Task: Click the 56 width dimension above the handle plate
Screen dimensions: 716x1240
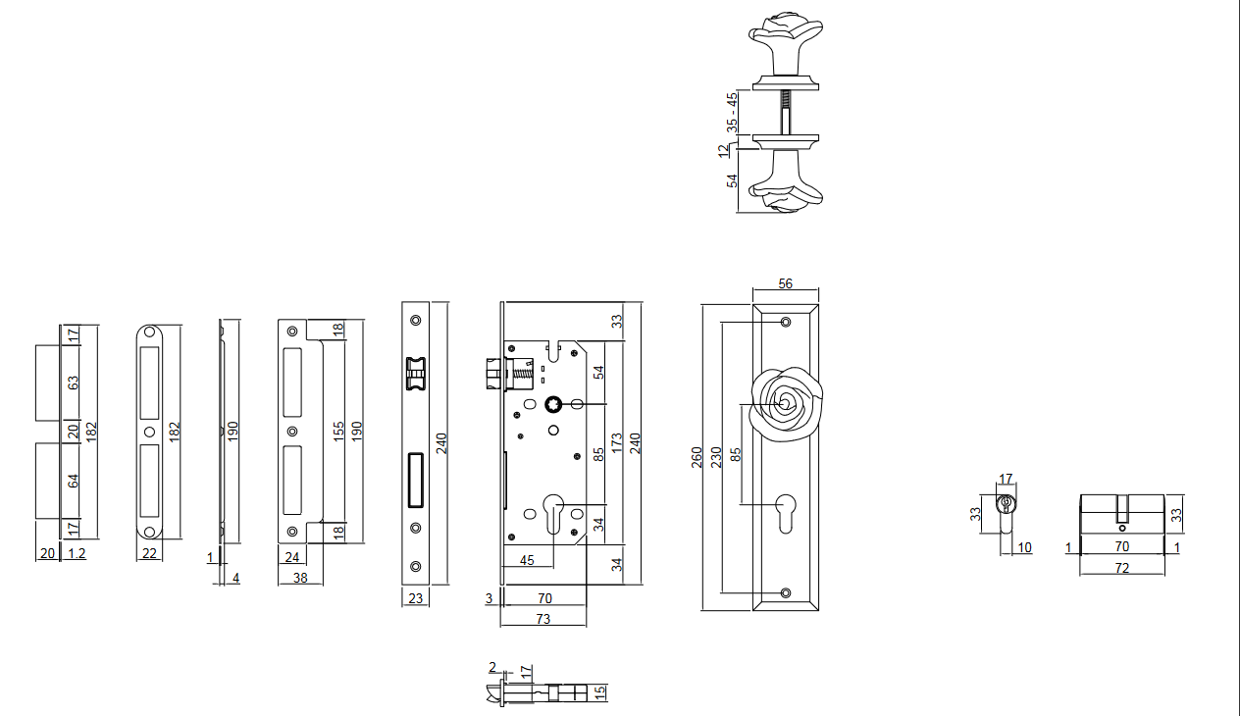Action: point(785,283)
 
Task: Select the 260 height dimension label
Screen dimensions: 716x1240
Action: point(697,457)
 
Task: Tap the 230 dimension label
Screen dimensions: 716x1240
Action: point(716,457)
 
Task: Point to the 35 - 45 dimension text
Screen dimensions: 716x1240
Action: point(732,112)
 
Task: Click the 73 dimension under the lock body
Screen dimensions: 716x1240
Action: point(542,619)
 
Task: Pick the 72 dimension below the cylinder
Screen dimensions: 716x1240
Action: point(1122,568)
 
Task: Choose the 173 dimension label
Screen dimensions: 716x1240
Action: point(616,443)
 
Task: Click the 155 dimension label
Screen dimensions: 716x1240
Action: point(338,432)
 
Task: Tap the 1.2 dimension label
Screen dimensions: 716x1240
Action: point(76,553)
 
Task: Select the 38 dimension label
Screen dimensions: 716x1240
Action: point(300,579)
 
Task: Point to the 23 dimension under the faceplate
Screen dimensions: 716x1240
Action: point(414,597)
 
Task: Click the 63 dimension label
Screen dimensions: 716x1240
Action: point(73,383)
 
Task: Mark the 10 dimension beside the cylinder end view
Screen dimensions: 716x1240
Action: point(1024,547)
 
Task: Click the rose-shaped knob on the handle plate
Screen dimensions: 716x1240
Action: point(785,405)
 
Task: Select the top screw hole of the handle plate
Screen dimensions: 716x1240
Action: point(785,323)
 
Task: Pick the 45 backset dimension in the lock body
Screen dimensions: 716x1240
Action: point(527,560)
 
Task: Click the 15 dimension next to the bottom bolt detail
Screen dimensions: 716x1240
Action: point(601,691)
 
